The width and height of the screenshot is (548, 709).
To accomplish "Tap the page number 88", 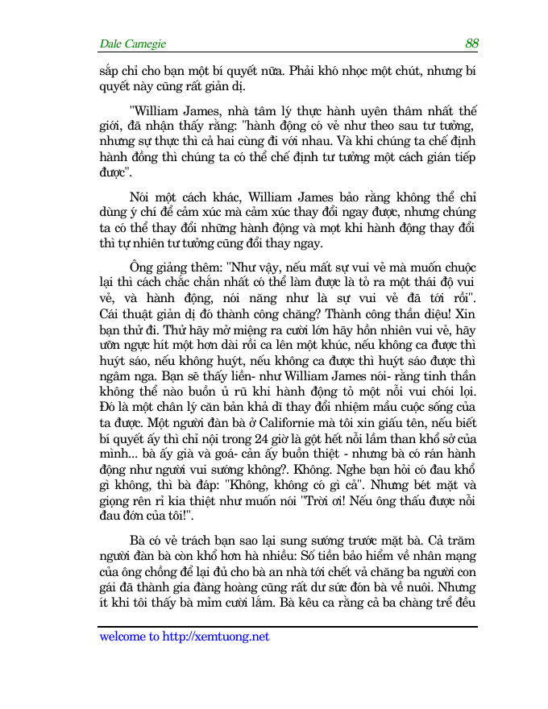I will point(471,44).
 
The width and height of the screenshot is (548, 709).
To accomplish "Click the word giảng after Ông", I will point(172,263).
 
